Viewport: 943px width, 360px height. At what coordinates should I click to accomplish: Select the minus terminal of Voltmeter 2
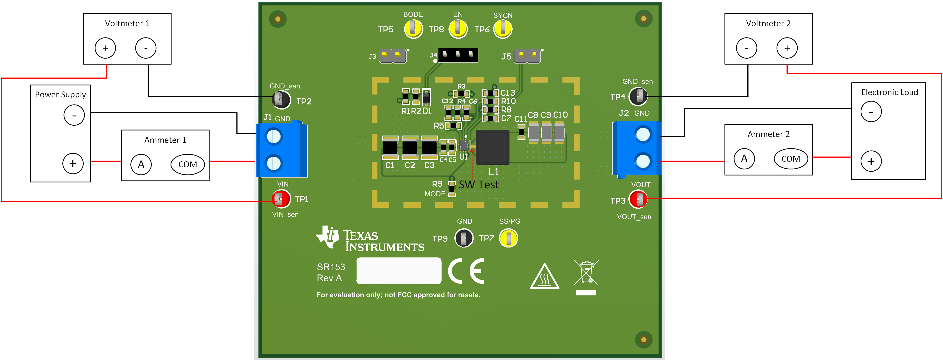(746, 48)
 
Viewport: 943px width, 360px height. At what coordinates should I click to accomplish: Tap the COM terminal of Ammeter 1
(187, 164)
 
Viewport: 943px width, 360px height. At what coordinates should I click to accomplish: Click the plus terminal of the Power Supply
(73, 163)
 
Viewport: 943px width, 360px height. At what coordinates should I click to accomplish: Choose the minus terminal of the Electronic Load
(871, 111)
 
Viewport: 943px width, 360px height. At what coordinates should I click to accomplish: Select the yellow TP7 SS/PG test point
(509, 238)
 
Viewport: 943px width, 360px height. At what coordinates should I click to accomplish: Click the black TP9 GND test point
(464, 238)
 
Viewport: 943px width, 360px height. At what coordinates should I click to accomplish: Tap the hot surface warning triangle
(544, 277)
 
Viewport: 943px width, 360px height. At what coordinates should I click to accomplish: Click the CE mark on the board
(466, 271)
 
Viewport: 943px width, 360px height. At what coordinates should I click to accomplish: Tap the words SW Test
(479, 184)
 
